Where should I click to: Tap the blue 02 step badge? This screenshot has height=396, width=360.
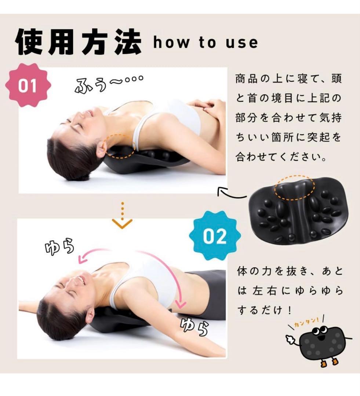[x=215, y=236]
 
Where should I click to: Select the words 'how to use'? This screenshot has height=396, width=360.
[x=202, y=43]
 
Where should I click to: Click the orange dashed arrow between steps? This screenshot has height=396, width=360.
[x=122, y=216]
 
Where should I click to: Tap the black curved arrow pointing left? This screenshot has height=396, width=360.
[x=231, y=193]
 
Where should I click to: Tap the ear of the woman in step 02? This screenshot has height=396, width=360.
[x=90, y=315]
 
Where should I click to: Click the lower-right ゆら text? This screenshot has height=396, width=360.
[x=194, y=327]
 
